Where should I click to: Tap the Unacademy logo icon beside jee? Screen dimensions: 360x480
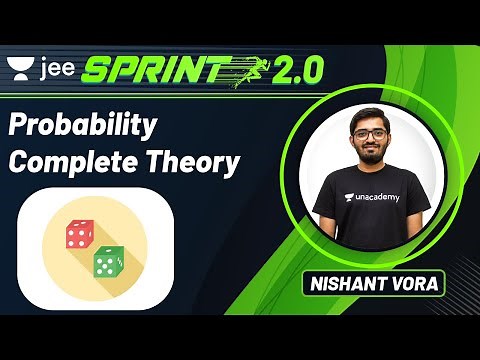click(x=20, y=67)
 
